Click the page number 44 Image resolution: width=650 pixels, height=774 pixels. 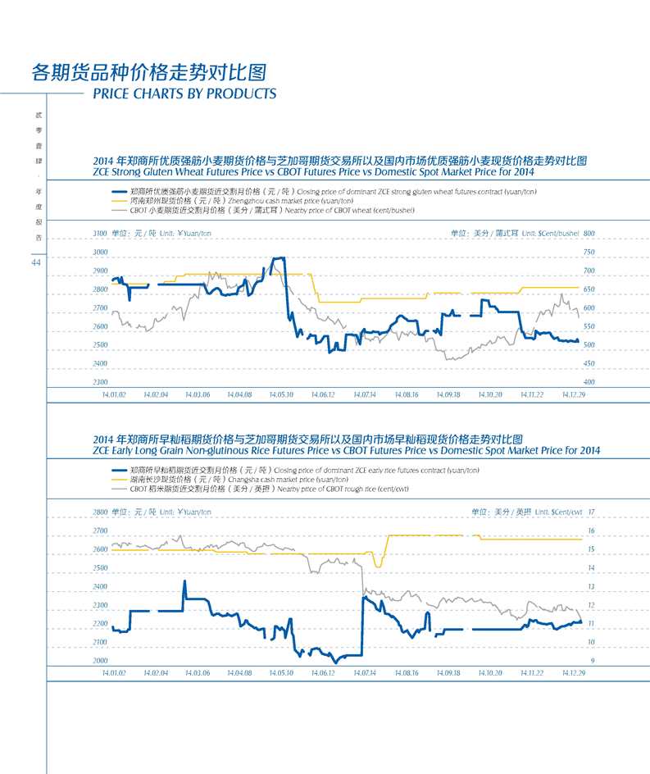pos(35,262)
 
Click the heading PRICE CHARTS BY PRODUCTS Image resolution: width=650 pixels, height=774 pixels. pos(184,93)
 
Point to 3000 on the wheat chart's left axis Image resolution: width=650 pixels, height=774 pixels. pos(101,252)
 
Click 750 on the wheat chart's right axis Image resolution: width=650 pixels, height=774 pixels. pos(588,252)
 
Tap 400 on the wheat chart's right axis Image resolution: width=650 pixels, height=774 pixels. pos(588,382)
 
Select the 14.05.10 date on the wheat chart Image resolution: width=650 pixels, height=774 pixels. pos(281,394)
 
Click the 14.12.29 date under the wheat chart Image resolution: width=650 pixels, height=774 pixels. pos(574,394)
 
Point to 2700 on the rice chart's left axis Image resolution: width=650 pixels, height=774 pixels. pos(101,530)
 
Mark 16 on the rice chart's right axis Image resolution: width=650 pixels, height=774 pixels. pos(590,530)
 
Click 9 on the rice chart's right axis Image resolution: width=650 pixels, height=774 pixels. pos(592,660)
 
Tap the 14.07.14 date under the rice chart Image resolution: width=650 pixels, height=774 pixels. pos(365,672)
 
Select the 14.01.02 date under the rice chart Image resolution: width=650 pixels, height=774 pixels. pos(114,672)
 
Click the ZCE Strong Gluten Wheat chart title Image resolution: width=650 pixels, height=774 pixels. pos(314,173)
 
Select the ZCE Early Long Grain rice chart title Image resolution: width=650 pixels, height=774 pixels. pos(347,450)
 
